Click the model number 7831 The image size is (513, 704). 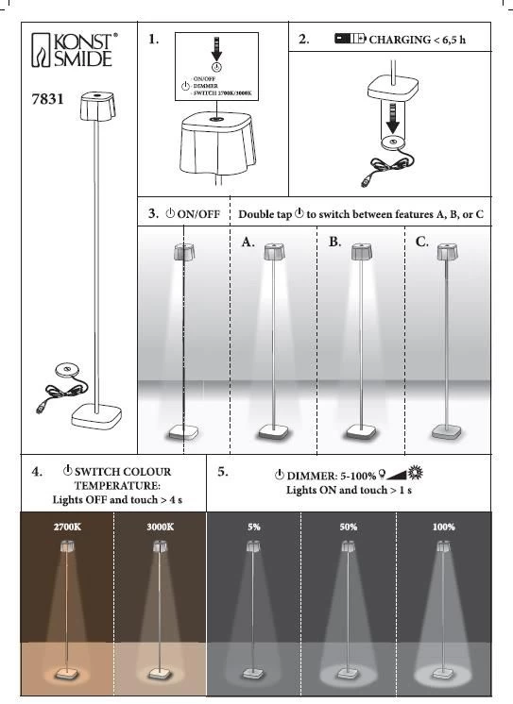47,99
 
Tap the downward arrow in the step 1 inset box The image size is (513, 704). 216,49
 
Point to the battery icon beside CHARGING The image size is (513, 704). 351,39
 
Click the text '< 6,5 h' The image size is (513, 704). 450,40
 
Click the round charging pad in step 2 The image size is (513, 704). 392,142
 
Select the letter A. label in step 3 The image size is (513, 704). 248,242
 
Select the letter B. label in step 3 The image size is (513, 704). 334,242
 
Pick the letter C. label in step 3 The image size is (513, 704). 421,242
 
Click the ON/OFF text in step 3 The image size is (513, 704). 198,214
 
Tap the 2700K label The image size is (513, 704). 67,527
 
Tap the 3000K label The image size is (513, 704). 160,527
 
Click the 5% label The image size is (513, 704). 254,527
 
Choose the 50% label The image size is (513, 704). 349,527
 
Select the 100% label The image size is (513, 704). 444,527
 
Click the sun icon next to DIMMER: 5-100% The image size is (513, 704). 415,473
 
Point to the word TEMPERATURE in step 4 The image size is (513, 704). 117,486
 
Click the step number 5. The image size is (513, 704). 223,472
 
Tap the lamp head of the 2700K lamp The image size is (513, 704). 67,546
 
